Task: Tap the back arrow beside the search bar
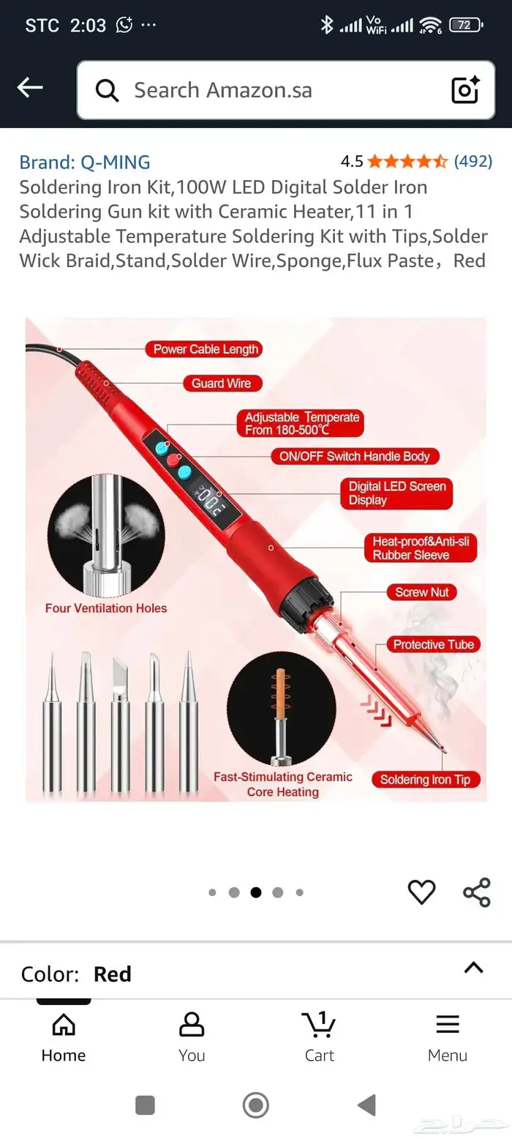tap(30, 87)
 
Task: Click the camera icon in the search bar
tap(465, 89)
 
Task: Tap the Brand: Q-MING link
tap(85, 163)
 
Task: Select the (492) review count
tap(473, 161)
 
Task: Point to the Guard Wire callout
tap(222, 384)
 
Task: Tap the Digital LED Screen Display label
tap(396, 493)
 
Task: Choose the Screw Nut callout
tap(421, 592)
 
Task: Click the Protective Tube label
tap(433, 644)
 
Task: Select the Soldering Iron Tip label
tap(426, 780)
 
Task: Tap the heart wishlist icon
tap(421, 892)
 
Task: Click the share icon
tap(476, 892)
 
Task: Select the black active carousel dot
tap(256, 892)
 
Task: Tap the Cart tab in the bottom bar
tap(320, 1037)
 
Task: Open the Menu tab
tap(447, 1037)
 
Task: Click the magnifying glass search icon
tap(107, 91)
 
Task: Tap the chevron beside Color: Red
tap(473, 967)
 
